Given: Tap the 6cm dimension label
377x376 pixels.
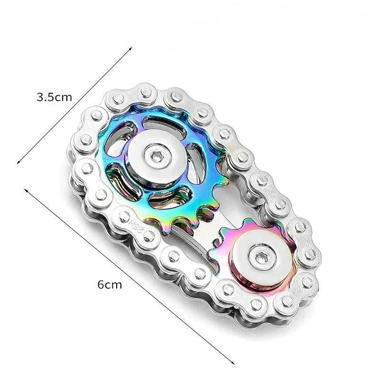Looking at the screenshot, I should tap(110, 285).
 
